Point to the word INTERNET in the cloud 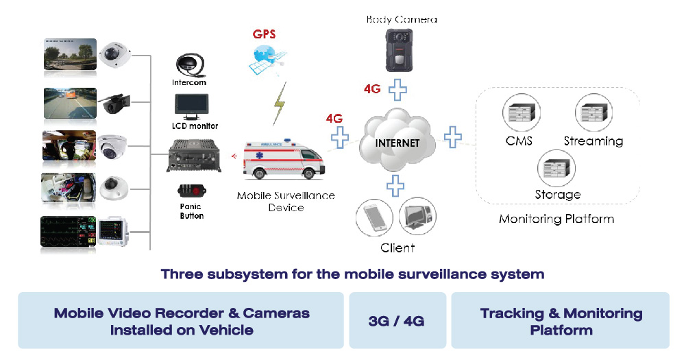397,143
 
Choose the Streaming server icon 593,112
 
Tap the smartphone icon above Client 374,217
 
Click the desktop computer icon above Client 417,217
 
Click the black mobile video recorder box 194,156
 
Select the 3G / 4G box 397,320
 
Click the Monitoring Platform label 556,219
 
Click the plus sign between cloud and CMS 452,136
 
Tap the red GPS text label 264,33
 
